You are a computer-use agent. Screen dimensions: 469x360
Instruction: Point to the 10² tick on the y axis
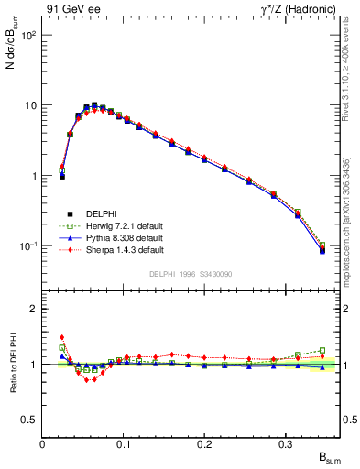pyautogui.click(x=28, y=35)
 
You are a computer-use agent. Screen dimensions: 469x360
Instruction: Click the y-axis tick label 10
pyautogui.click(x=31, y=105)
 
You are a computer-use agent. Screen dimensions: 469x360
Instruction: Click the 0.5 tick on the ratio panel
pyautogui.click(x=30, y=420)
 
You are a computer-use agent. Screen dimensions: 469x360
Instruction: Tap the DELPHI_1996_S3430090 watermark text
pyautogui.click(x=190, y=275)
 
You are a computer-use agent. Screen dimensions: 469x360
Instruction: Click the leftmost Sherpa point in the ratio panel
pyautogui.click(x=62, y=337)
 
